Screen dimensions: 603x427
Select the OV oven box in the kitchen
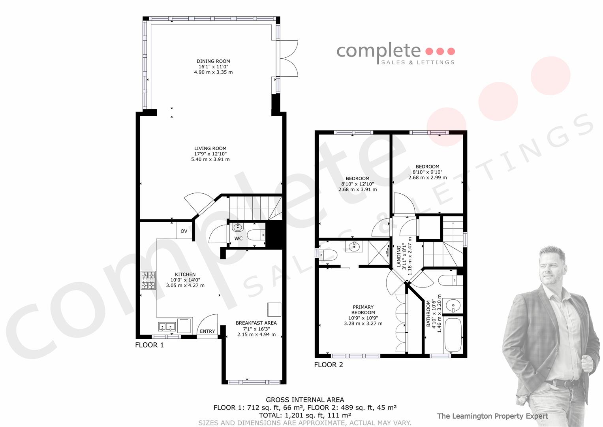[184, 231]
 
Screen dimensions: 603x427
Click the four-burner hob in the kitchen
[148, 280]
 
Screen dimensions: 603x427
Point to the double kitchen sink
[167, 327]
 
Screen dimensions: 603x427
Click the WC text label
[239, 238]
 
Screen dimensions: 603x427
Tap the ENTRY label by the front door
[207, 331]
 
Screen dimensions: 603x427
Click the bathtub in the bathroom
[453, 335]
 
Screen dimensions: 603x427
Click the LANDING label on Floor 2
[399, 256]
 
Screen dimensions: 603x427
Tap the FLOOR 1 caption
[149, 345]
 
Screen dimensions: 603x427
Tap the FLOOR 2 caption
[329, 365]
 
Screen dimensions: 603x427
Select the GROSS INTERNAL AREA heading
[305, 400]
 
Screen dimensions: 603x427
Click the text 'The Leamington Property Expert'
[492, 416]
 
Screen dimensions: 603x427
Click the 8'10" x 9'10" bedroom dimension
[428, 172]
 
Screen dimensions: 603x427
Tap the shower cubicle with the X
[379, 253]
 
